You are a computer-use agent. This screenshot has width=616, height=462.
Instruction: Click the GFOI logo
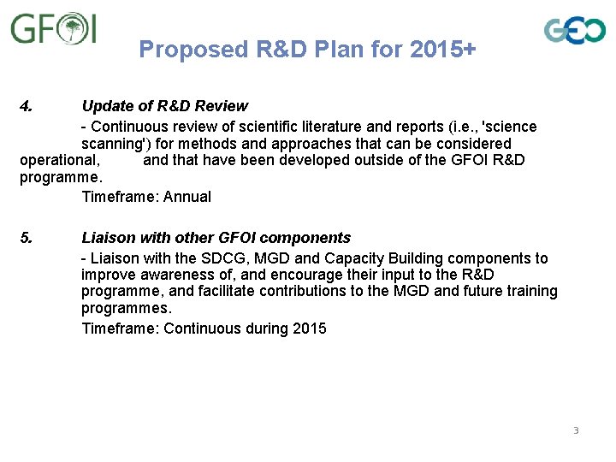(x=53, y=29)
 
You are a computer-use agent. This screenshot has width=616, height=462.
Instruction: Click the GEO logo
(x=575, y=31)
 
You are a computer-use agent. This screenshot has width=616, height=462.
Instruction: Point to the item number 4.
(x=27, y=106)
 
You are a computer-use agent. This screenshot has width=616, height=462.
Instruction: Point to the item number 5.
(x=27, y=238)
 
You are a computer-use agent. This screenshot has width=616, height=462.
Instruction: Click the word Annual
(x=187, y=197)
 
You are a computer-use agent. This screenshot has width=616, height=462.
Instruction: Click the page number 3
(x=576, y=430)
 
